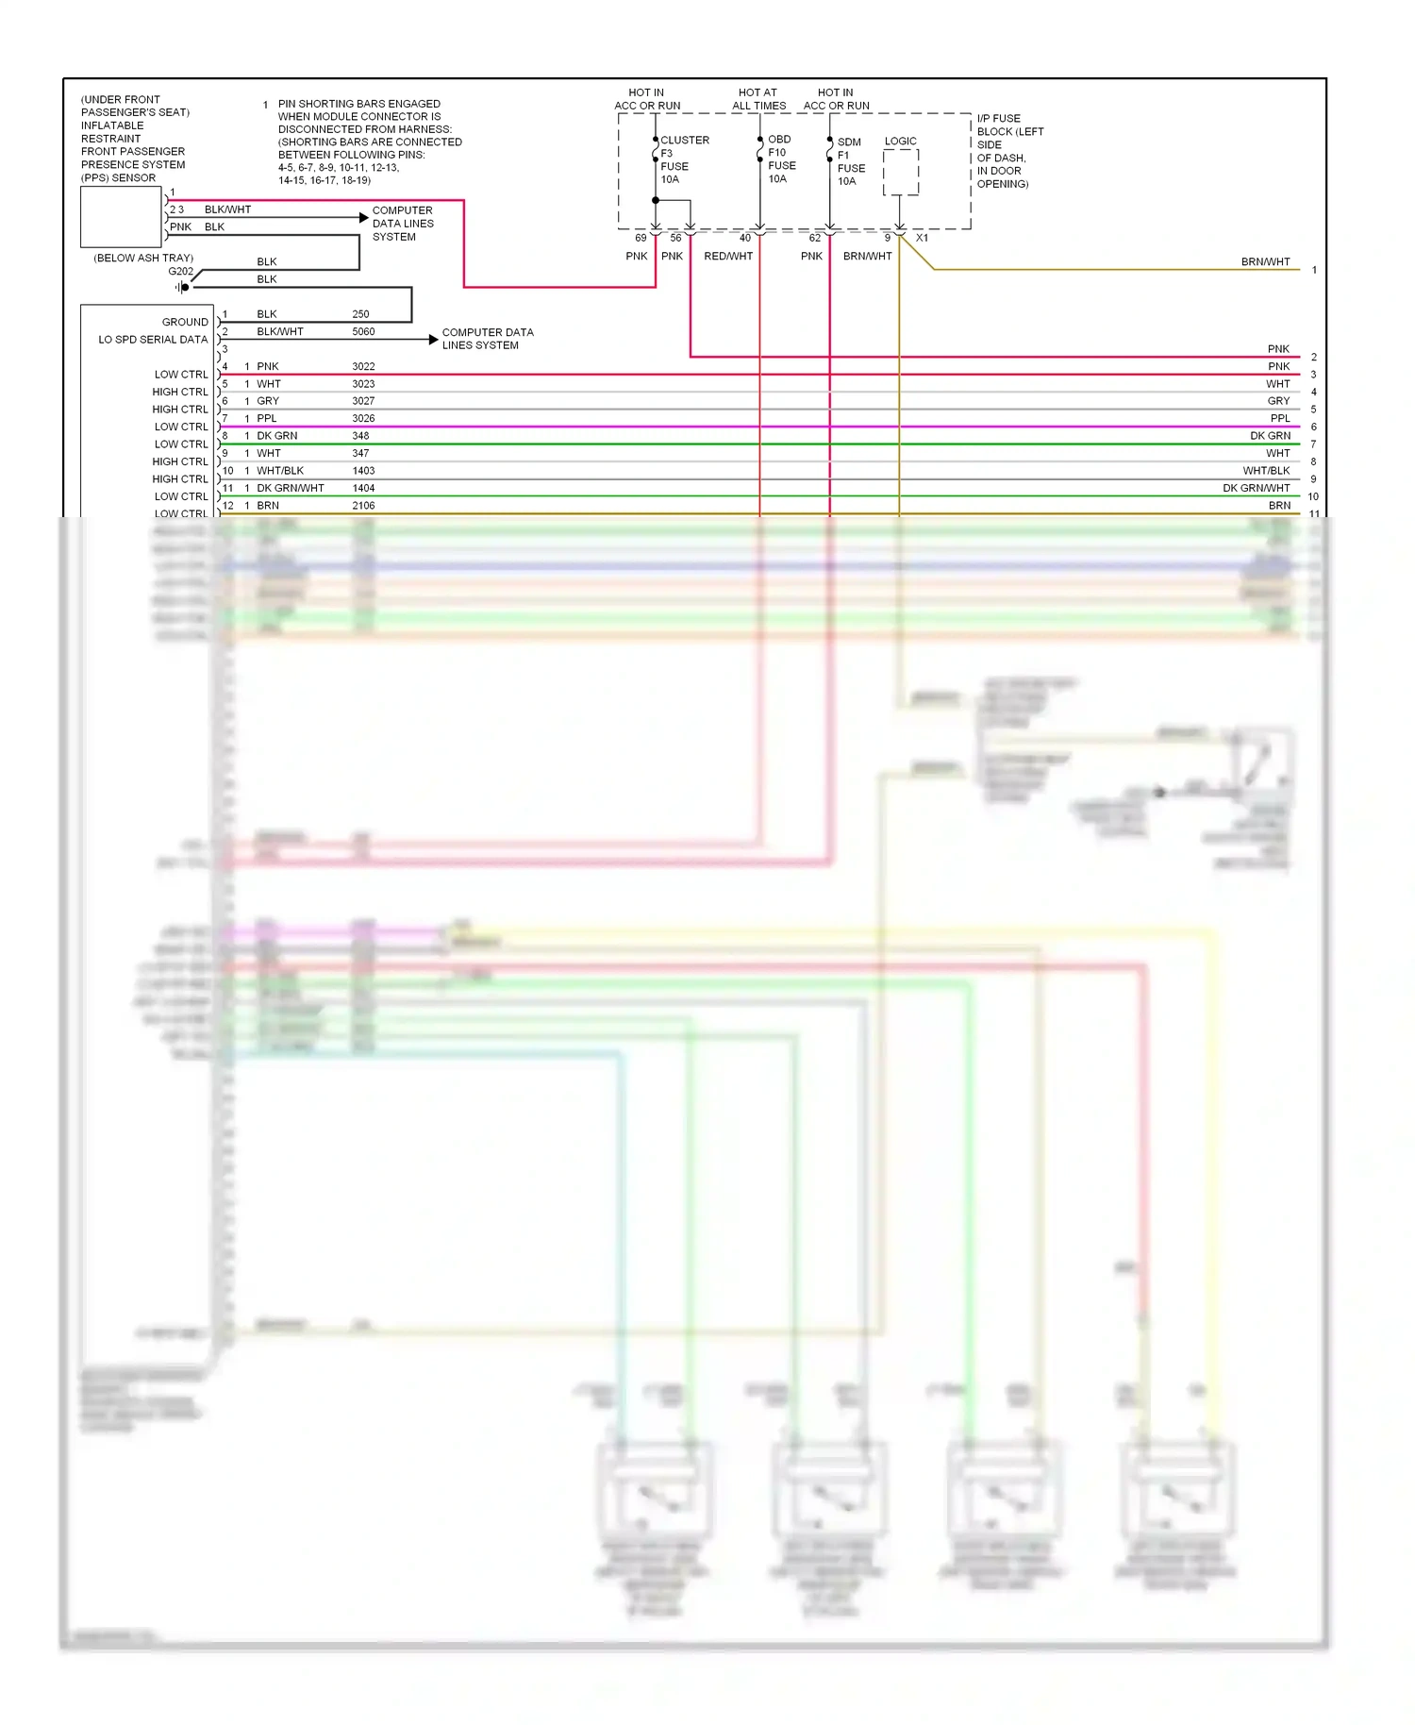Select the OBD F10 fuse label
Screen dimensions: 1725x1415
pos(781,159)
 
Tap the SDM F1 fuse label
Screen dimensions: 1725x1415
pos(850,161)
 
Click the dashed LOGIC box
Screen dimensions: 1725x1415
pos(900,173)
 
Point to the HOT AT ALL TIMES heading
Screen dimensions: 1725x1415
pos(758,99)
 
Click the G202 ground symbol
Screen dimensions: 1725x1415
pos(182,287)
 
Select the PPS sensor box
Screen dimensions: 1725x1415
pos(121,217)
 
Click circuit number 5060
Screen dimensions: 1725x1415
pos(363,332)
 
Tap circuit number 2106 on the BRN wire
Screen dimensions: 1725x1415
pos(363,506)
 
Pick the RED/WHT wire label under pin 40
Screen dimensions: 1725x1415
pos(728,257)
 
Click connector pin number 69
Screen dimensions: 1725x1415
pos(641,239)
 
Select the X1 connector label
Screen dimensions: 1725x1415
pos(922,239)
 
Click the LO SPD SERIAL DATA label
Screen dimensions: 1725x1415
pos(153,340)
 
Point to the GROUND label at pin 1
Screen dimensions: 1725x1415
pos(185,322)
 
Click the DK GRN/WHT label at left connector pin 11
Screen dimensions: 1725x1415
pos(291,489)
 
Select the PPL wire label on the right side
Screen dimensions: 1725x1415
pos(1279,419)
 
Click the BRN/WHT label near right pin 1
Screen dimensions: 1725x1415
pos(1265,262)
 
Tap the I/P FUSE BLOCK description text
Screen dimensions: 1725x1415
pos(1008,151)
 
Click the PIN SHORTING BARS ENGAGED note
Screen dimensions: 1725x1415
pos(369,142)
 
